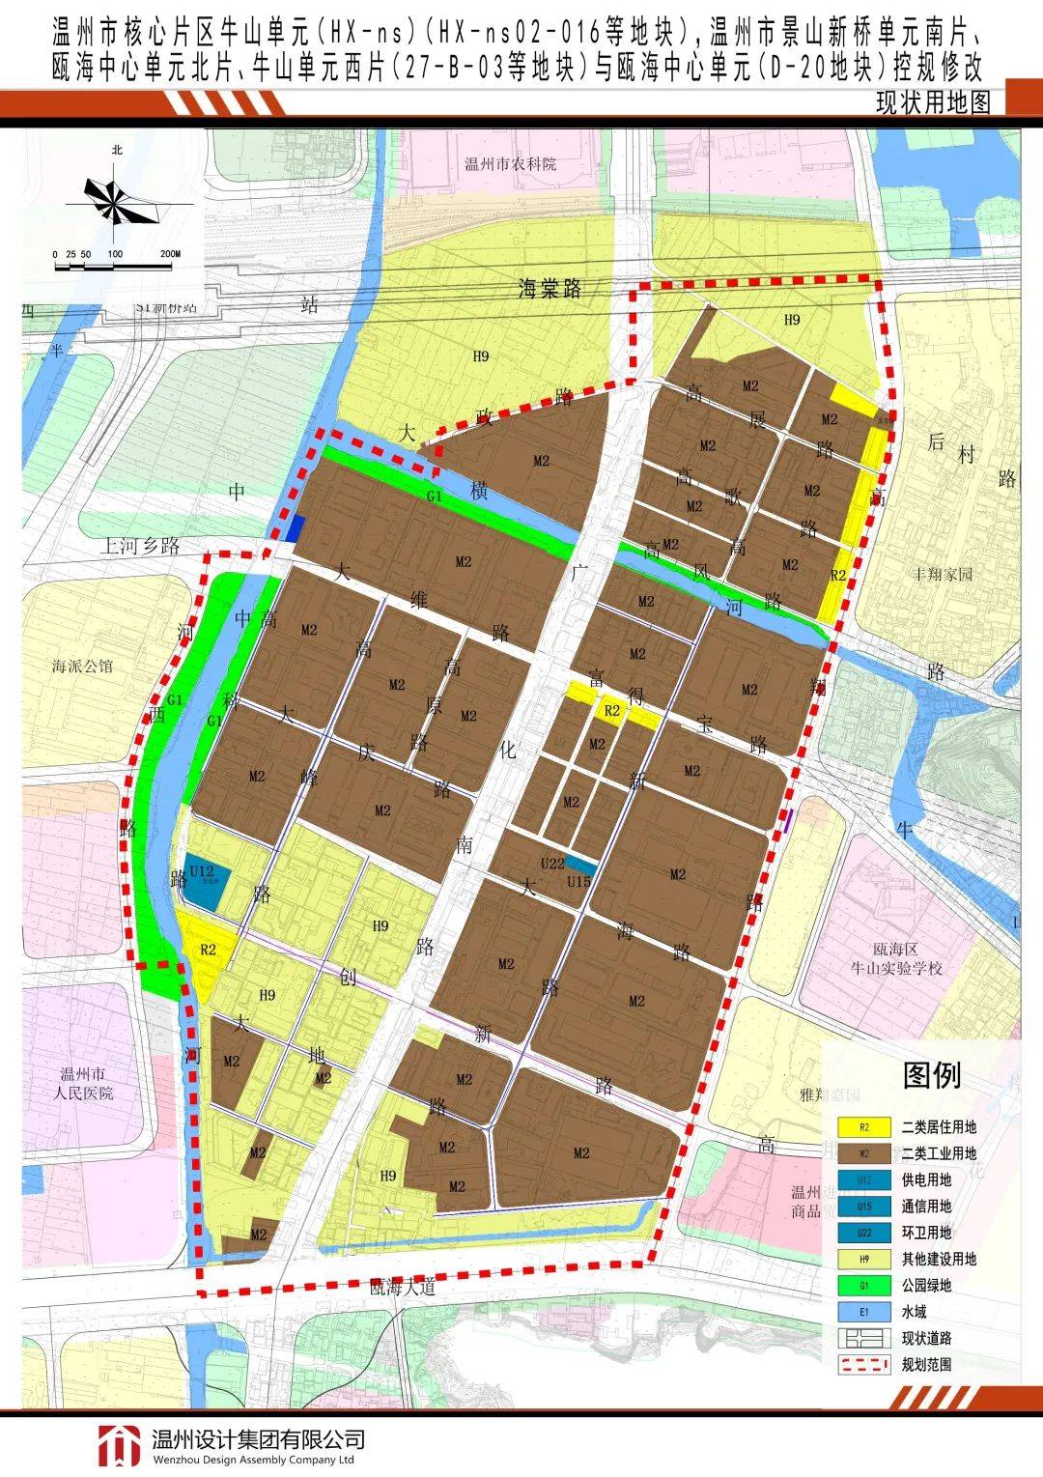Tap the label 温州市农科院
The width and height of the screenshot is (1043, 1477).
[511, 164]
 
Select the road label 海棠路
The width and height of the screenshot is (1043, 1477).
[550, 288]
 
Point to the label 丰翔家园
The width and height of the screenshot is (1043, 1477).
[944, 574]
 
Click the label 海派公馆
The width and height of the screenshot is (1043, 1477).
[83, 666]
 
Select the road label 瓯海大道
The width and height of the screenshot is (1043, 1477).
[404, 1287]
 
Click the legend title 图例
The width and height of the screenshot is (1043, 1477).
[931, 1074]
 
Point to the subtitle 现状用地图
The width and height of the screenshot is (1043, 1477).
[933, 102]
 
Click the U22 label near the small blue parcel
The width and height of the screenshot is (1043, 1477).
[551, 864]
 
